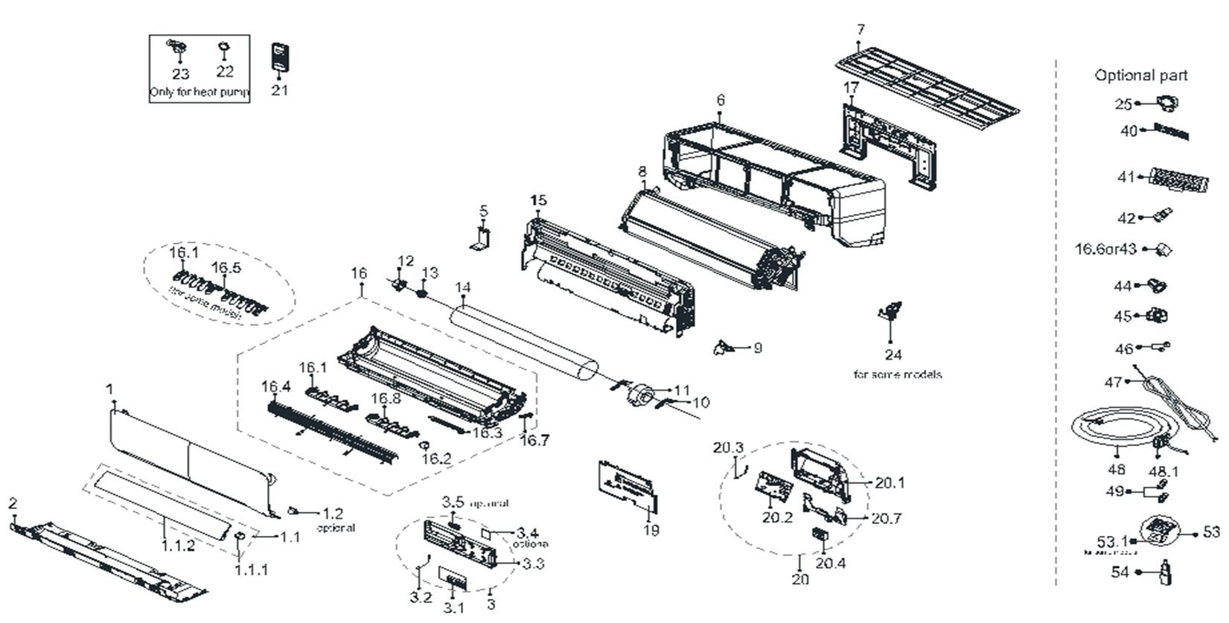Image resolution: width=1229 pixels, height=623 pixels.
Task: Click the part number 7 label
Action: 861,30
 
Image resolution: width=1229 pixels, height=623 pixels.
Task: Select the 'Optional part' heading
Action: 1140,75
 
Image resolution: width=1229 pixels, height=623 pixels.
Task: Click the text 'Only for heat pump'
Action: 199,93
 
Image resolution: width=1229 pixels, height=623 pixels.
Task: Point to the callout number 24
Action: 893,356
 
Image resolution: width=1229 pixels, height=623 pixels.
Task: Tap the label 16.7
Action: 534,441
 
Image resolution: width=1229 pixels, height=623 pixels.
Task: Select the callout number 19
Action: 651,531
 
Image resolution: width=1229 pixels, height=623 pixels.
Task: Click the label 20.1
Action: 890,483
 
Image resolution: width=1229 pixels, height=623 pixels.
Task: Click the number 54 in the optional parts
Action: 1120,572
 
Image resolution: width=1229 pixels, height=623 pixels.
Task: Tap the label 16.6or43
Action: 1105,249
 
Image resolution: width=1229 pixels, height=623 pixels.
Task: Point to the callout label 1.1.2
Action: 178,546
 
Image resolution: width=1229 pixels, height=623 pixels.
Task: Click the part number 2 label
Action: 13,504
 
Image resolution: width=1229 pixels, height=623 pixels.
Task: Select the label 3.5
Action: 453,502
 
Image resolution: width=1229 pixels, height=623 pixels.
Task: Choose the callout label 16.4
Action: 275,387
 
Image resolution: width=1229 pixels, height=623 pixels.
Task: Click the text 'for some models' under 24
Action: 897,374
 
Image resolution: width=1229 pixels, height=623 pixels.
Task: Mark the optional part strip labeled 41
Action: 1175,179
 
